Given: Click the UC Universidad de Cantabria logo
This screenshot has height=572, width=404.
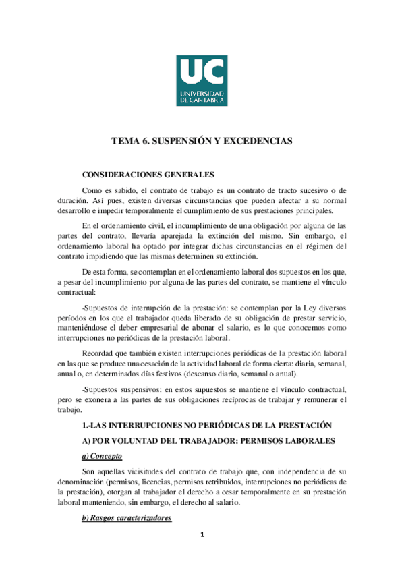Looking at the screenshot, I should pyautogui.click(x=202, y=80).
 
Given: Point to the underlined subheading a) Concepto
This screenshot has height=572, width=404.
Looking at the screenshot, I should pyautogui.click(x=99, y=457).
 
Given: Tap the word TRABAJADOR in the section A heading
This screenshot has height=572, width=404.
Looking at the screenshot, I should pyautogui.click(x=199, y=441).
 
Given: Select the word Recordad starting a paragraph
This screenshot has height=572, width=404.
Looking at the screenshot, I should pyautogui.click(x=100, y=353).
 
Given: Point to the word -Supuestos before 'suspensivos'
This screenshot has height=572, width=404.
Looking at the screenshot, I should pyautogui.click(x=100, y=390).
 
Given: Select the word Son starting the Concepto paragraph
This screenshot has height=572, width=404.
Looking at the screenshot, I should pyautogui.click(x=88, y=472).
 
